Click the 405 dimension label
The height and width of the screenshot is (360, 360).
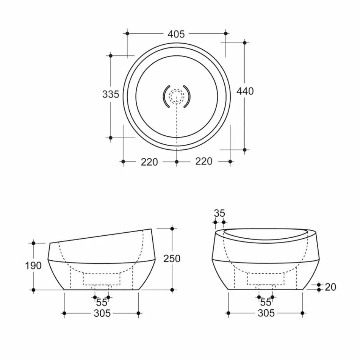tap(176, 34)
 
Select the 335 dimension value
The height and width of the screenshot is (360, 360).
tap(111, 94)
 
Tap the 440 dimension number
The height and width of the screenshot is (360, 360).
tap(245, 91)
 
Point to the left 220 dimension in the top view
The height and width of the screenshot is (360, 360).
tap(149, 162)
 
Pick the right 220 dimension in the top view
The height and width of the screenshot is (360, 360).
tap(203, 161)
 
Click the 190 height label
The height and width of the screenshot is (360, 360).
tap(33, 266)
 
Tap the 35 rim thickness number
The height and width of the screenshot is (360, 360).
tap(219, 213)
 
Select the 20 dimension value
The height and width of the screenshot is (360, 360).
tap(330, 287)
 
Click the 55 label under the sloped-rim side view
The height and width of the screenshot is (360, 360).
tap(102, 302)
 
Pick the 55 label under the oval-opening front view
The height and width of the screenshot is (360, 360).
tap(266, 302)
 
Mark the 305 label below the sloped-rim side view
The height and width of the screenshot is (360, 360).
tap(102, 313)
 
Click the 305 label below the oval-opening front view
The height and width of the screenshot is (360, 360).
tap(266, 313)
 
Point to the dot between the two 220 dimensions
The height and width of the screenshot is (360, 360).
tap(176, 162)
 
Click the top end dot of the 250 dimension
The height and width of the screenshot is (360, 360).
tap(172, 229)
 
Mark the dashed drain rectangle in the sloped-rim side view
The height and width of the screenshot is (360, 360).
tap(101, 279)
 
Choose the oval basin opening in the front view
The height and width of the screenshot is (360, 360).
tap(265, 234)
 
